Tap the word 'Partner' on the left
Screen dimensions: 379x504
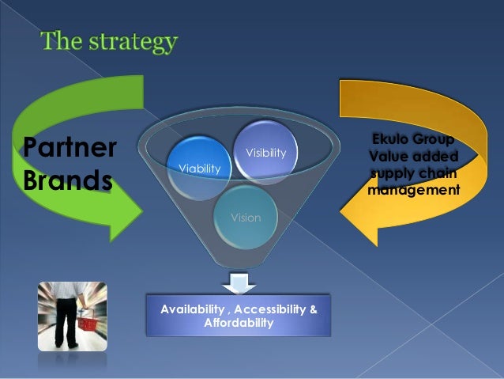(x=68, y=147)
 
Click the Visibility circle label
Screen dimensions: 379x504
(x=266, y=152)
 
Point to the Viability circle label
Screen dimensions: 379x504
(x=200, y=169)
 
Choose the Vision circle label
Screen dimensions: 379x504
(x=246, y=217)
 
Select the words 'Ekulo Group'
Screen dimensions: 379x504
(x=412, y=141)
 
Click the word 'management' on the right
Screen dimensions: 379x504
(x=413, y=190)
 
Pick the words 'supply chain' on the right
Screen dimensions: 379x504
(x=413, y=173)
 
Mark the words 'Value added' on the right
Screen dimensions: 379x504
(x=413, y=157)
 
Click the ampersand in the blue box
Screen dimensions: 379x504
(x=314, y=309)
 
